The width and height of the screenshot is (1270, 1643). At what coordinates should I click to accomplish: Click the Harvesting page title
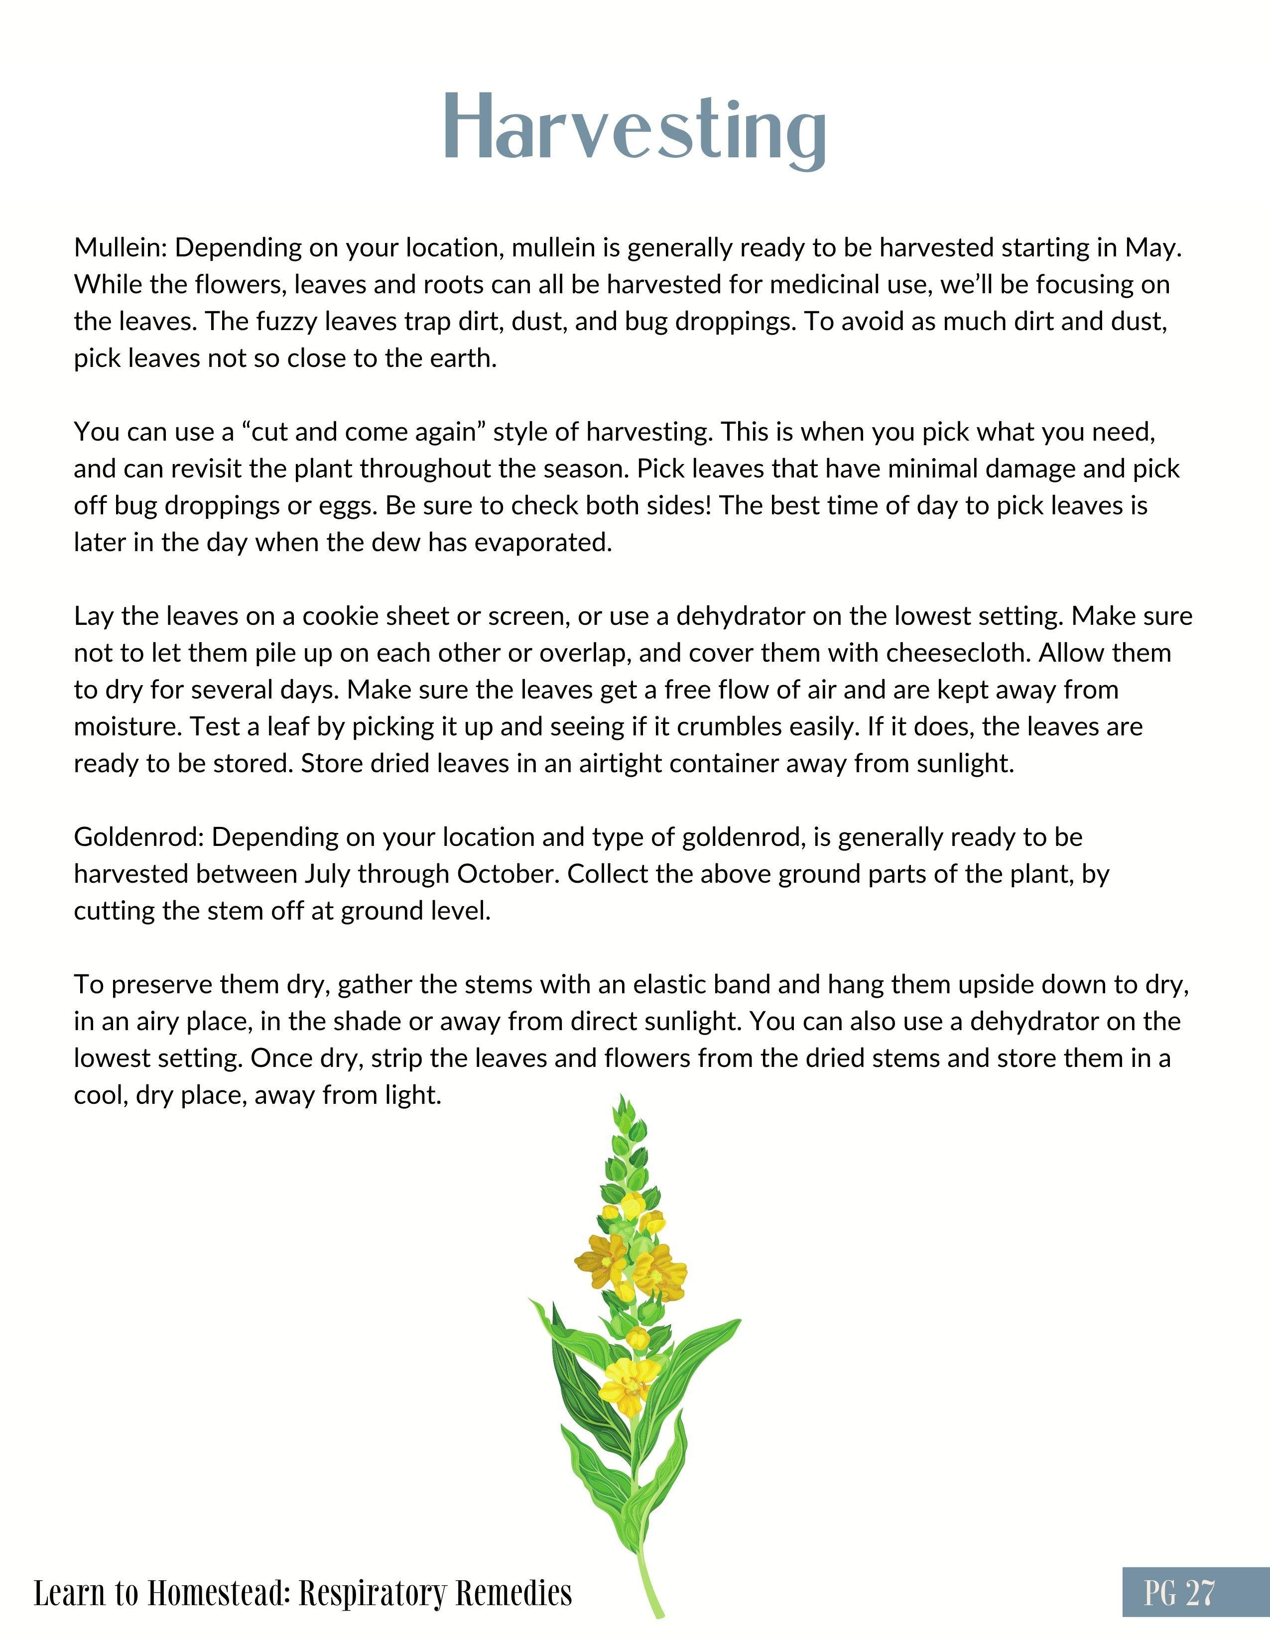pyautogui.click(x=634, y=128)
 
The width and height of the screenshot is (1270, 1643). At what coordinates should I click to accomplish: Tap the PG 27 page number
pyautogui.click(x=1179, y=1592)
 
